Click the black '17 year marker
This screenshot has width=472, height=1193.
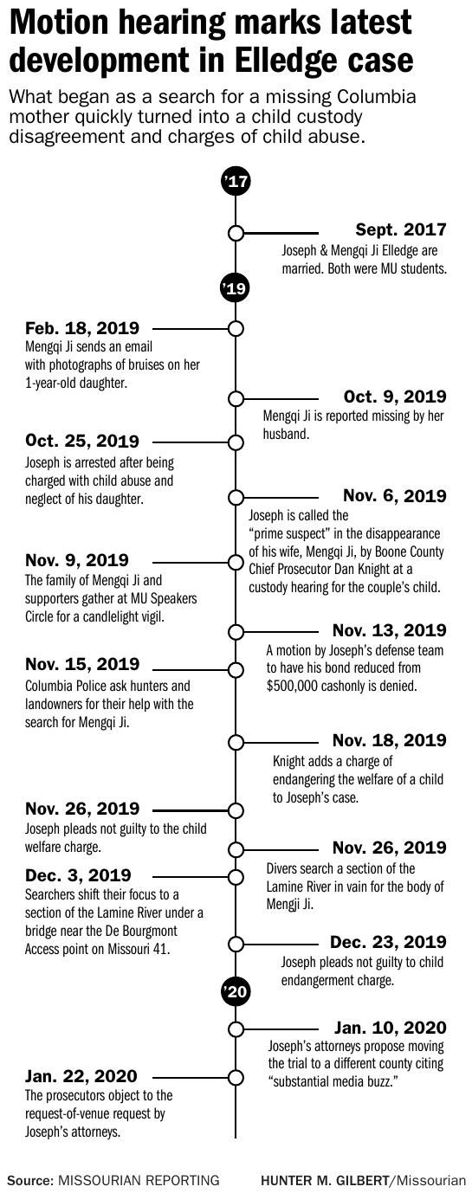click(235, 182)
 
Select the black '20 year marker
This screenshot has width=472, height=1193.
click(235, 992)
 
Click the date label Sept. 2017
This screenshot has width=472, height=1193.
click(401, 229)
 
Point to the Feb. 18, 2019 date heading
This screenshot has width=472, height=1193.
click(82, 328)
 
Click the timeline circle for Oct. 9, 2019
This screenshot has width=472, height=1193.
click(235, 399)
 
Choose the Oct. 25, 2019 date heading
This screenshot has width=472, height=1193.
click(82, 442)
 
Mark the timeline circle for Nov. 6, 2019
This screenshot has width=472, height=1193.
click(235, 497)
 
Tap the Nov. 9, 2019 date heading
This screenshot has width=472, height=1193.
click(77, 560)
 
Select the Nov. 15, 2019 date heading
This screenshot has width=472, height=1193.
click(82, 665)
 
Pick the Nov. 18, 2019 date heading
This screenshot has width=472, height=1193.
click(390, 740)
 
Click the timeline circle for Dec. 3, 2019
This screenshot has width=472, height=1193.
click(235, 876)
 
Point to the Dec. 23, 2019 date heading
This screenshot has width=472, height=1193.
click(389, 942)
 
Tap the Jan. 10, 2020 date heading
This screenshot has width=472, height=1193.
click(391, 1028)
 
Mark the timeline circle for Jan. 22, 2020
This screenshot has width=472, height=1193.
click(235, 1078)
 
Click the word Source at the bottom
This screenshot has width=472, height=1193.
click(29, 1179)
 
